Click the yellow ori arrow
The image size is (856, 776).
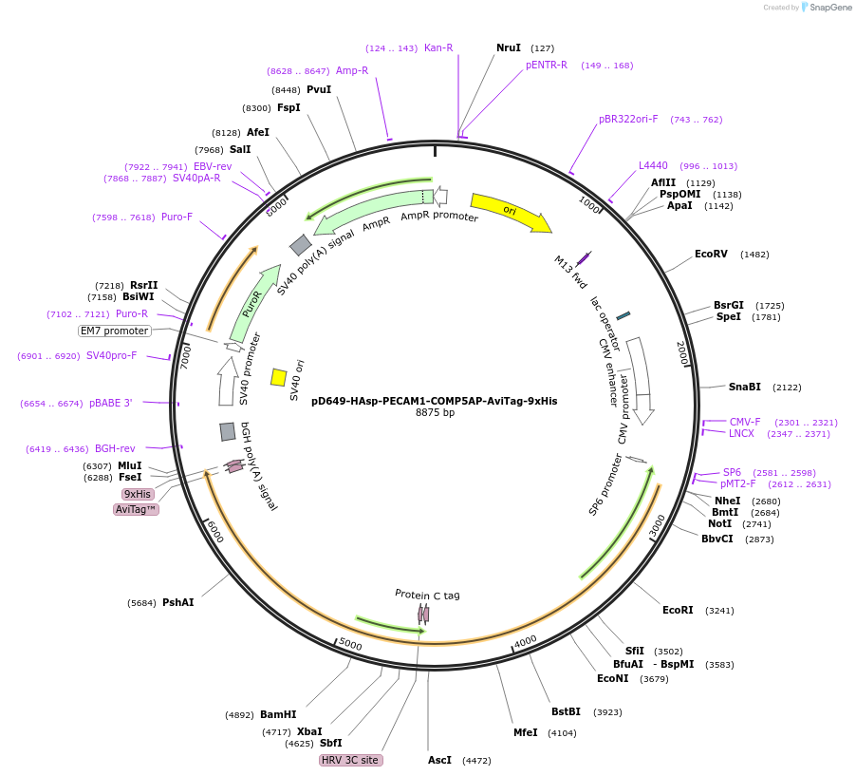click(x=510, y=211)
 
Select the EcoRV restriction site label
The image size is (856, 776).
click(x=711, y=255)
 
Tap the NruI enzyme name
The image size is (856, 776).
click(x=509, y=47)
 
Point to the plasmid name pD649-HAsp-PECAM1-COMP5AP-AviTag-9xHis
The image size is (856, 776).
click(x=435, y=401)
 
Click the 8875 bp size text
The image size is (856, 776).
click(x=435, y=412)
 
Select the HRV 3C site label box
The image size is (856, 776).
click(x=351, y=760)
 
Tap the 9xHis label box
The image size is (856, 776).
click(x=137, y=494)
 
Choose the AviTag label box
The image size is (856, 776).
click(x=137, y=509)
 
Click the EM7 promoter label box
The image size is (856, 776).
click(x=115, y=331)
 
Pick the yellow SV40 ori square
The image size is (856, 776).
click(x=279, y=377)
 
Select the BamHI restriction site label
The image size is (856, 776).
click(x=278, y=714)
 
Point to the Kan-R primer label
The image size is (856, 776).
click(x=438, y=47)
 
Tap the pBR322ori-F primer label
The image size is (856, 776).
click(x=628, y=119)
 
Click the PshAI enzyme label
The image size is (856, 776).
click(x=177, y=602)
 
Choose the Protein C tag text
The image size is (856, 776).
click(x=427, y=595)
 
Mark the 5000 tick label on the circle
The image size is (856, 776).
click(x=350, y=645)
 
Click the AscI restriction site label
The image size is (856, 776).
click(x=440, y=760)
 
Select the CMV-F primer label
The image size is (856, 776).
click(x=745, y=422)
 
